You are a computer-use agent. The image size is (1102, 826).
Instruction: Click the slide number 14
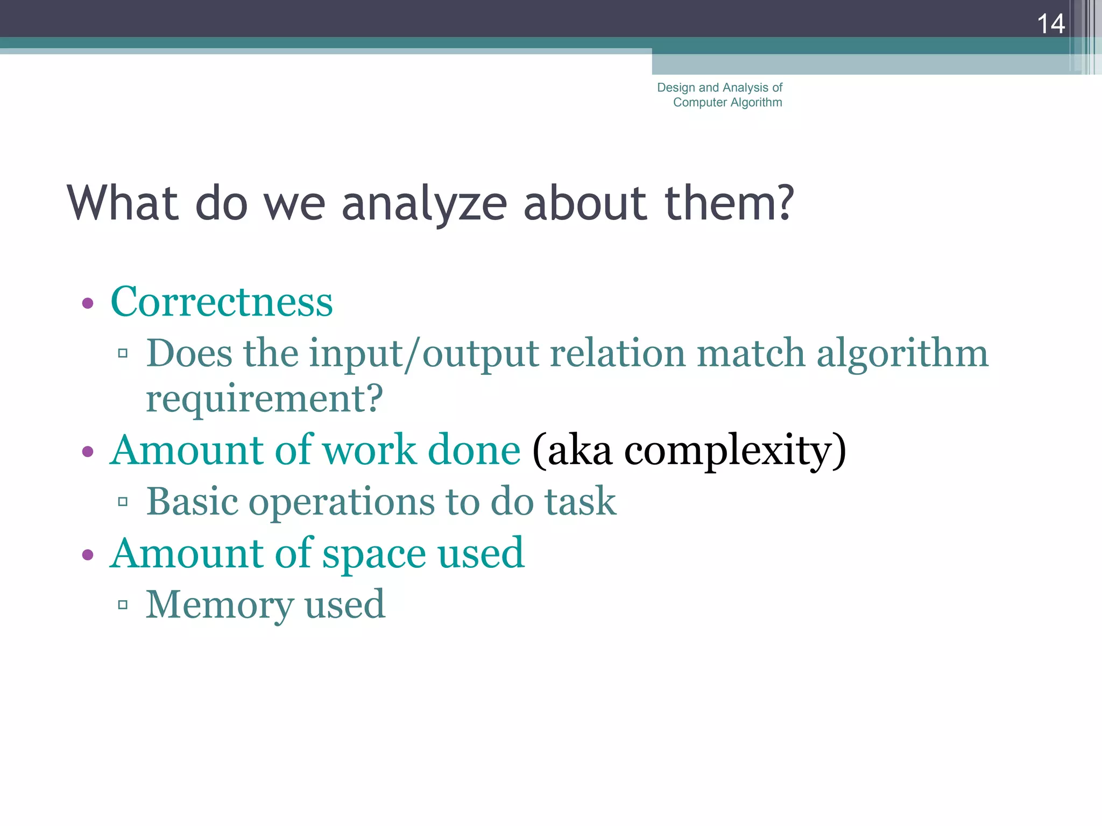(1050, 24)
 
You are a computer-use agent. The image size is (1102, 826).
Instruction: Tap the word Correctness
(222, 302)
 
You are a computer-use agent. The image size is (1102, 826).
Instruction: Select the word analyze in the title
(424, 204)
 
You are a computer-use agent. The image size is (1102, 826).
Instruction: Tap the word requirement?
(264, 398)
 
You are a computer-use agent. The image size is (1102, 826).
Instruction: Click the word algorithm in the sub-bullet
(902, 353)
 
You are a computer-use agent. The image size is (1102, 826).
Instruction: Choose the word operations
(341, 502)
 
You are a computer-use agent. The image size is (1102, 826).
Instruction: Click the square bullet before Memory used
(123, 605)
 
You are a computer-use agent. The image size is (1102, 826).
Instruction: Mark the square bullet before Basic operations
(123, 502)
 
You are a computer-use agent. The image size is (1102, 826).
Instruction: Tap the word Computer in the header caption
(700, 102)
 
